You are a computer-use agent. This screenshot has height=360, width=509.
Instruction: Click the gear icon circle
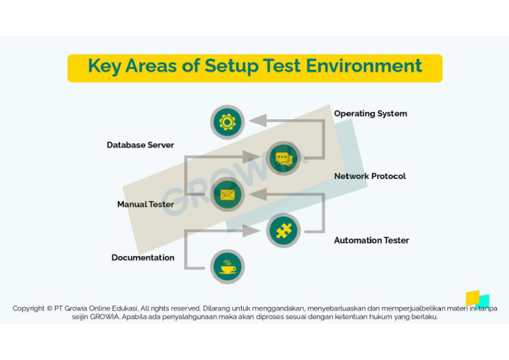[227, 122]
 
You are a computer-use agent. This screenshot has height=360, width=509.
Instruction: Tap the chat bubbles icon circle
[283, 158]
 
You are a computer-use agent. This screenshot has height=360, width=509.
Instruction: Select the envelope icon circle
[227, 195]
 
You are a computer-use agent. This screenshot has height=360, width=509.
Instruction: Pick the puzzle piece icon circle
[283, 231]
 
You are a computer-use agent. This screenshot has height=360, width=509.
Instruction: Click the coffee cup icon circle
[227, 267]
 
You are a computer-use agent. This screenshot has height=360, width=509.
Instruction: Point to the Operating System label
[370, 113]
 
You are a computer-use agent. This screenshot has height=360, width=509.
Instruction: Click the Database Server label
[141, 145]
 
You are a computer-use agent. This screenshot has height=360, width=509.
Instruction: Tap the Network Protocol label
[370, 176]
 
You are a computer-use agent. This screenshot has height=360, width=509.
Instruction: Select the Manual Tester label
[146, 204]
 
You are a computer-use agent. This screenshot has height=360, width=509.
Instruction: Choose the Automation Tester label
[371, 240]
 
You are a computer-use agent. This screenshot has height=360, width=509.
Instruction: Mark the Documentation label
[143, 257]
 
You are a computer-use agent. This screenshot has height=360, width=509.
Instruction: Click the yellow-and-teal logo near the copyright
[477, 300]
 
